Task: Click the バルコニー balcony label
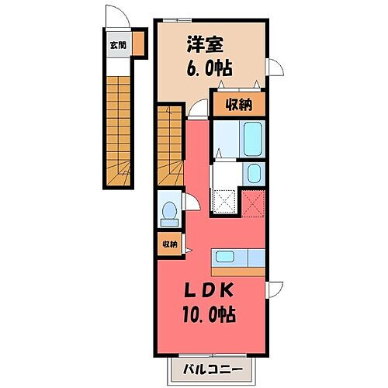pyautogui.click(x=213, y=367)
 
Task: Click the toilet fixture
pyautogui.click(x=168, y=210)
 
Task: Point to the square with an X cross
pyautogui.click(x=253, y=206)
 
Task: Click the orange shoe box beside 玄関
pyautogui.click(x=138, y=43)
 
